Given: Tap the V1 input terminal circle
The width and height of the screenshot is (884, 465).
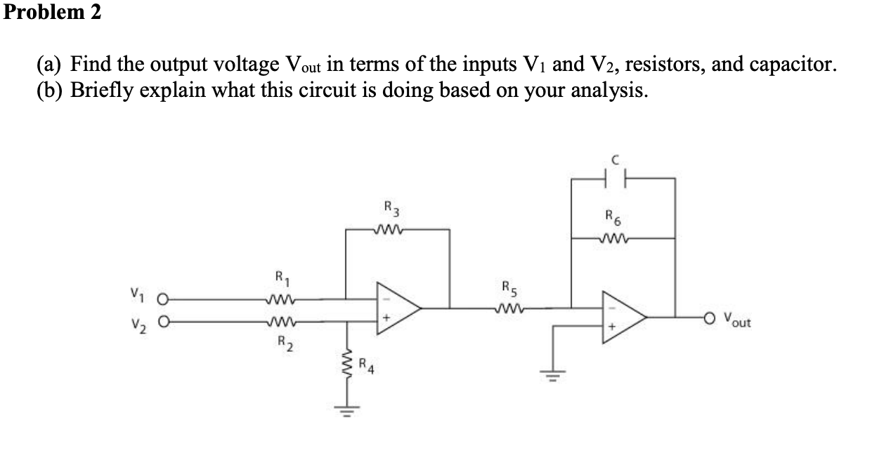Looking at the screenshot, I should pos(163,299).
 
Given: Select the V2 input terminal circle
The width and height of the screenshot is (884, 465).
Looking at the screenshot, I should pos(163,324).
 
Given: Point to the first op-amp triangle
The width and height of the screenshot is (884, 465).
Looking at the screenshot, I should pos(396,306).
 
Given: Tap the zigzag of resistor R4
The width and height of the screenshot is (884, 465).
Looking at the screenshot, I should pos(346,366).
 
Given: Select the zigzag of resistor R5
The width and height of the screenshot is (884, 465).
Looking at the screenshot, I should pos(509,306).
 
